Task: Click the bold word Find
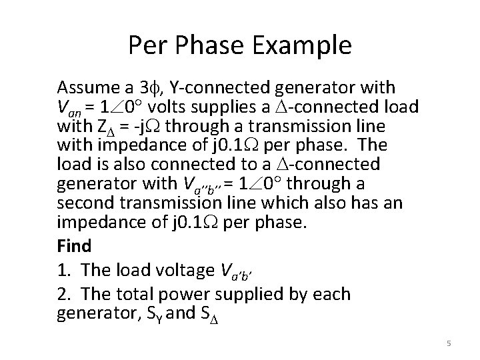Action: pyautogui.click(x=75, y=246)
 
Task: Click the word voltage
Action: pyautogui.click(x=190, y=270)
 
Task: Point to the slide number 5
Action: pyautogui.click(x=449, y=343)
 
